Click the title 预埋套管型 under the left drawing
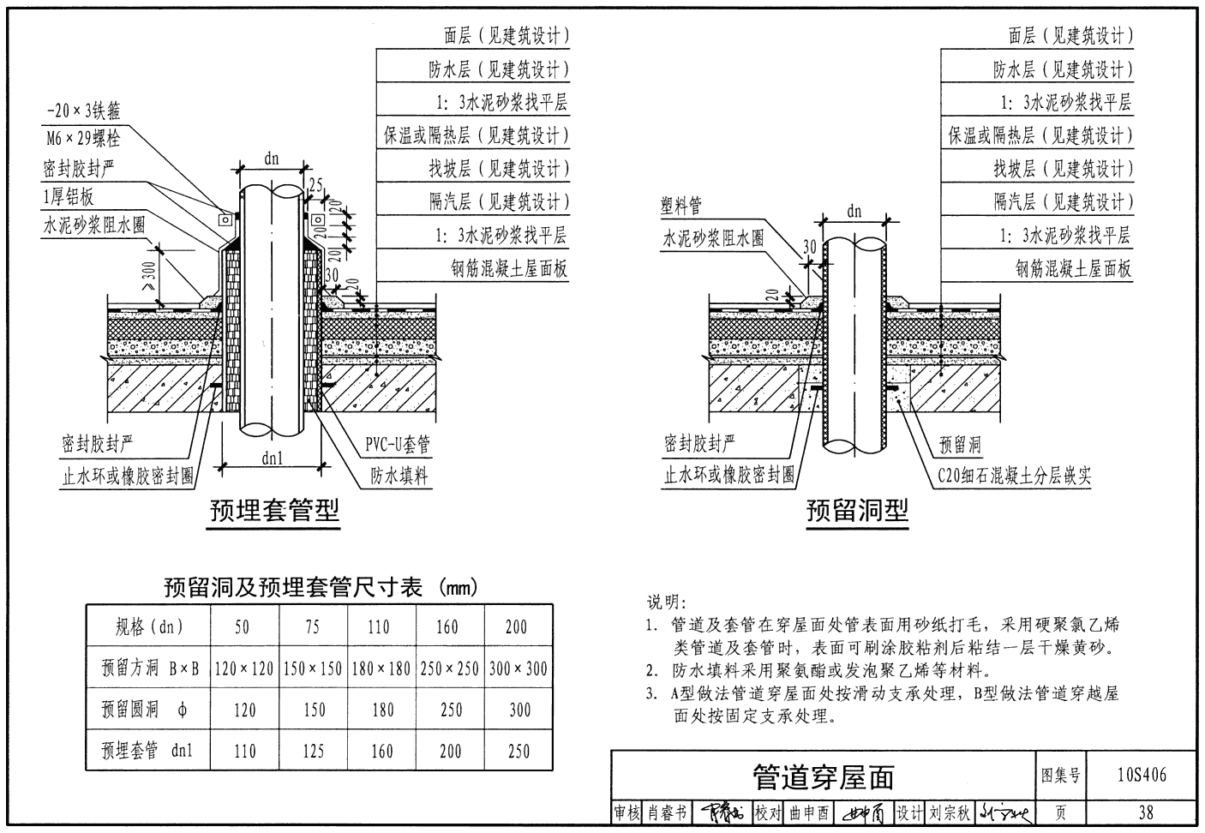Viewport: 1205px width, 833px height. [275, 512]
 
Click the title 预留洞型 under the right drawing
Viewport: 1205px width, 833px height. [856, 512]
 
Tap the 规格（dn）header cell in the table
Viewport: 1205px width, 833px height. [150, 626]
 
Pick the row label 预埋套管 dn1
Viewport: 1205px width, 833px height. [147, 752]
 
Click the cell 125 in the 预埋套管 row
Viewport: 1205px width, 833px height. [313, 752]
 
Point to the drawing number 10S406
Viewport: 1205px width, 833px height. [1142, 776]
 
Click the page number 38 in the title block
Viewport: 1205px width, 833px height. [1146, 812]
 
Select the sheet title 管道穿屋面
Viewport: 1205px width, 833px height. [823, 776]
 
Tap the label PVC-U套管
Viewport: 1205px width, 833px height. [398, 444]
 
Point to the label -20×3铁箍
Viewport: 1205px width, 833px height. [83, 111]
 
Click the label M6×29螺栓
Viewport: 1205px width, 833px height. [83, 138]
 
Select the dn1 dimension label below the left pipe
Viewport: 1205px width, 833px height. [273, 458]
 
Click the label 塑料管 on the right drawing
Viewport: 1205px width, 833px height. [680, 207]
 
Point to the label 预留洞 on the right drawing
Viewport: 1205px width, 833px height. [960, 445]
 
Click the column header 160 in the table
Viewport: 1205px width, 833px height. [447, 626]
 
